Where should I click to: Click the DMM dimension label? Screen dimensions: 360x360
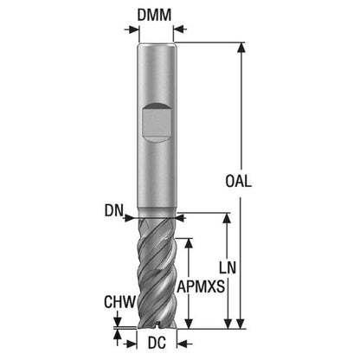point(154,15)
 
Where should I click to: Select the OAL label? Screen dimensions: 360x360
point(238,182)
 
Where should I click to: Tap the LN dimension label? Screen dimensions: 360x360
point(228,267)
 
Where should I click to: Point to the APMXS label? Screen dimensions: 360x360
point(201,286)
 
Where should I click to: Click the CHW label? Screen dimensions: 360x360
point(119,302)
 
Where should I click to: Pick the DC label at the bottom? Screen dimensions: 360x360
point(157,343)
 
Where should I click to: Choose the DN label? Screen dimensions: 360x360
point(113,210)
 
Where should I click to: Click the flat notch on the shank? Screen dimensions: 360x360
point(157,122)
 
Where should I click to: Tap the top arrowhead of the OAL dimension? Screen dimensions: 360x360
point(241,48)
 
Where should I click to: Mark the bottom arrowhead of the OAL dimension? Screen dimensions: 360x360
point(241,324)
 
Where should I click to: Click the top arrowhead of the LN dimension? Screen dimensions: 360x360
point(228,218)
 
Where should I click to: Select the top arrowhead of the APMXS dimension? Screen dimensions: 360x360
point(189,243)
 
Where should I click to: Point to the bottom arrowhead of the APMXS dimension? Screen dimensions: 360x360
point(189,324)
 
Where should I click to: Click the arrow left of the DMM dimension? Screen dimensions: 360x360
point(132,29)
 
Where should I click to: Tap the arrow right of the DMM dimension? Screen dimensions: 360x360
point(180,29)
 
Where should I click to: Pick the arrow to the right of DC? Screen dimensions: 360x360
point(184,344)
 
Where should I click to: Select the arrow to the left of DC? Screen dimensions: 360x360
point(130,344)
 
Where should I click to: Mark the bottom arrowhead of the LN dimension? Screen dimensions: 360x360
point(228,324)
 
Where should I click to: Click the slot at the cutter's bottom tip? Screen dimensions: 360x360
point(157,326)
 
